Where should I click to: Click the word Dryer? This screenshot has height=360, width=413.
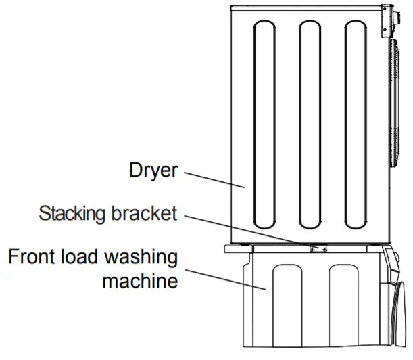[x=153, y=170]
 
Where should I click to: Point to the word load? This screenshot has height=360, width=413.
[x=86, y=258]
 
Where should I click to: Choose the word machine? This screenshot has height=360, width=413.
[x=139, y=280]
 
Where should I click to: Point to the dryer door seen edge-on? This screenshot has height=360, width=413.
[x=394, y=102]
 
